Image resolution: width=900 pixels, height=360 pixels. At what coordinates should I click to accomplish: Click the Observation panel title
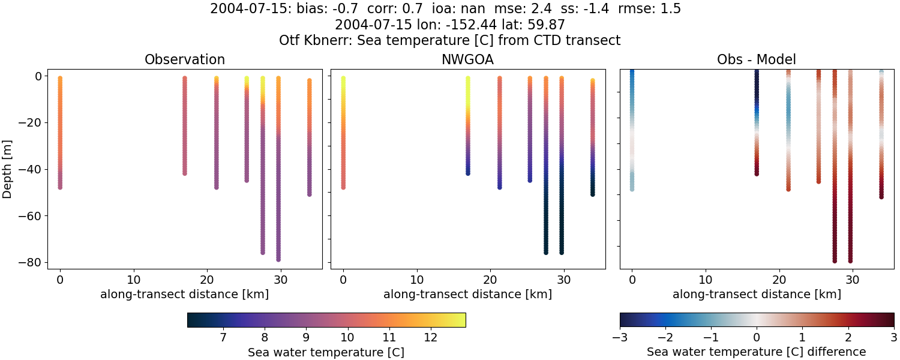pos(185,60)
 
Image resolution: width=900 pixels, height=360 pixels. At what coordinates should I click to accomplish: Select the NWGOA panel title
pos(467,60)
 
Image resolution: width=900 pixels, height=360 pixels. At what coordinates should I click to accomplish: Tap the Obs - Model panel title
pos(757,60)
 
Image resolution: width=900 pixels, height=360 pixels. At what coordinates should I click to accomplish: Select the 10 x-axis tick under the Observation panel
pos(133,280)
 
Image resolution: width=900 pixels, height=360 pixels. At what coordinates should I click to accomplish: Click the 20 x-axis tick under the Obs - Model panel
pos(779,280)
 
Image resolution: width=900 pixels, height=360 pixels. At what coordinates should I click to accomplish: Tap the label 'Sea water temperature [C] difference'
pos(757,352)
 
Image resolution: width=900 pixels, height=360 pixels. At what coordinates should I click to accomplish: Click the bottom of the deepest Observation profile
pos(278,259)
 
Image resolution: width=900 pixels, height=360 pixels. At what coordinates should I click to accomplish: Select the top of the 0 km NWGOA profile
pos(343,79)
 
